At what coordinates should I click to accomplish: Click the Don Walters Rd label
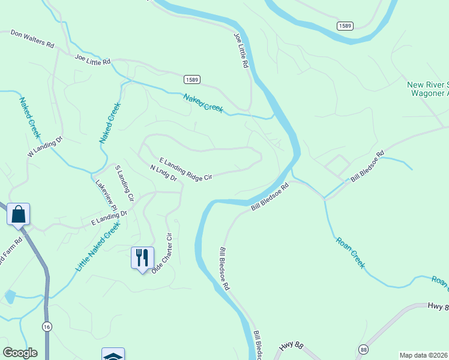click(x=32, y=40)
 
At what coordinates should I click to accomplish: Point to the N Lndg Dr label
click(x=163, y=173)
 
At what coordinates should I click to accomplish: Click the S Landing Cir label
click(x=124, y=182)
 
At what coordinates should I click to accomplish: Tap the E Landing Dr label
click(x=109, y=218)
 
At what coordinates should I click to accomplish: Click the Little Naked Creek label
click(x=97, y=245)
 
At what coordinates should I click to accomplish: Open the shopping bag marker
click(x=19, y=214)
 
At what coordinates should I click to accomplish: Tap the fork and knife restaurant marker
click(x=142, y=257)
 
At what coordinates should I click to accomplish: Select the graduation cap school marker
click(x=113, y=355)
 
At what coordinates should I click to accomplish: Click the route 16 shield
click(x=46, y=326)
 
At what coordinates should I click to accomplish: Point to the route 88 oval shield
click(x=363, y=349)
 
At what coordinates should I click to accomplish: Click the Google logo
click(x=20, y=353)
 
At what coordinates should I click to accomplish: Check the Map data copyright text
click(x=424, y=355)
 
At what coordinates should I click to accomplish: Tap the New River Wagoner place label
click(x=427, y=89)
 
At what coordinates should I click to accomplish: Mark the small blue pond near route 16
click(x=10, y=296)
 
